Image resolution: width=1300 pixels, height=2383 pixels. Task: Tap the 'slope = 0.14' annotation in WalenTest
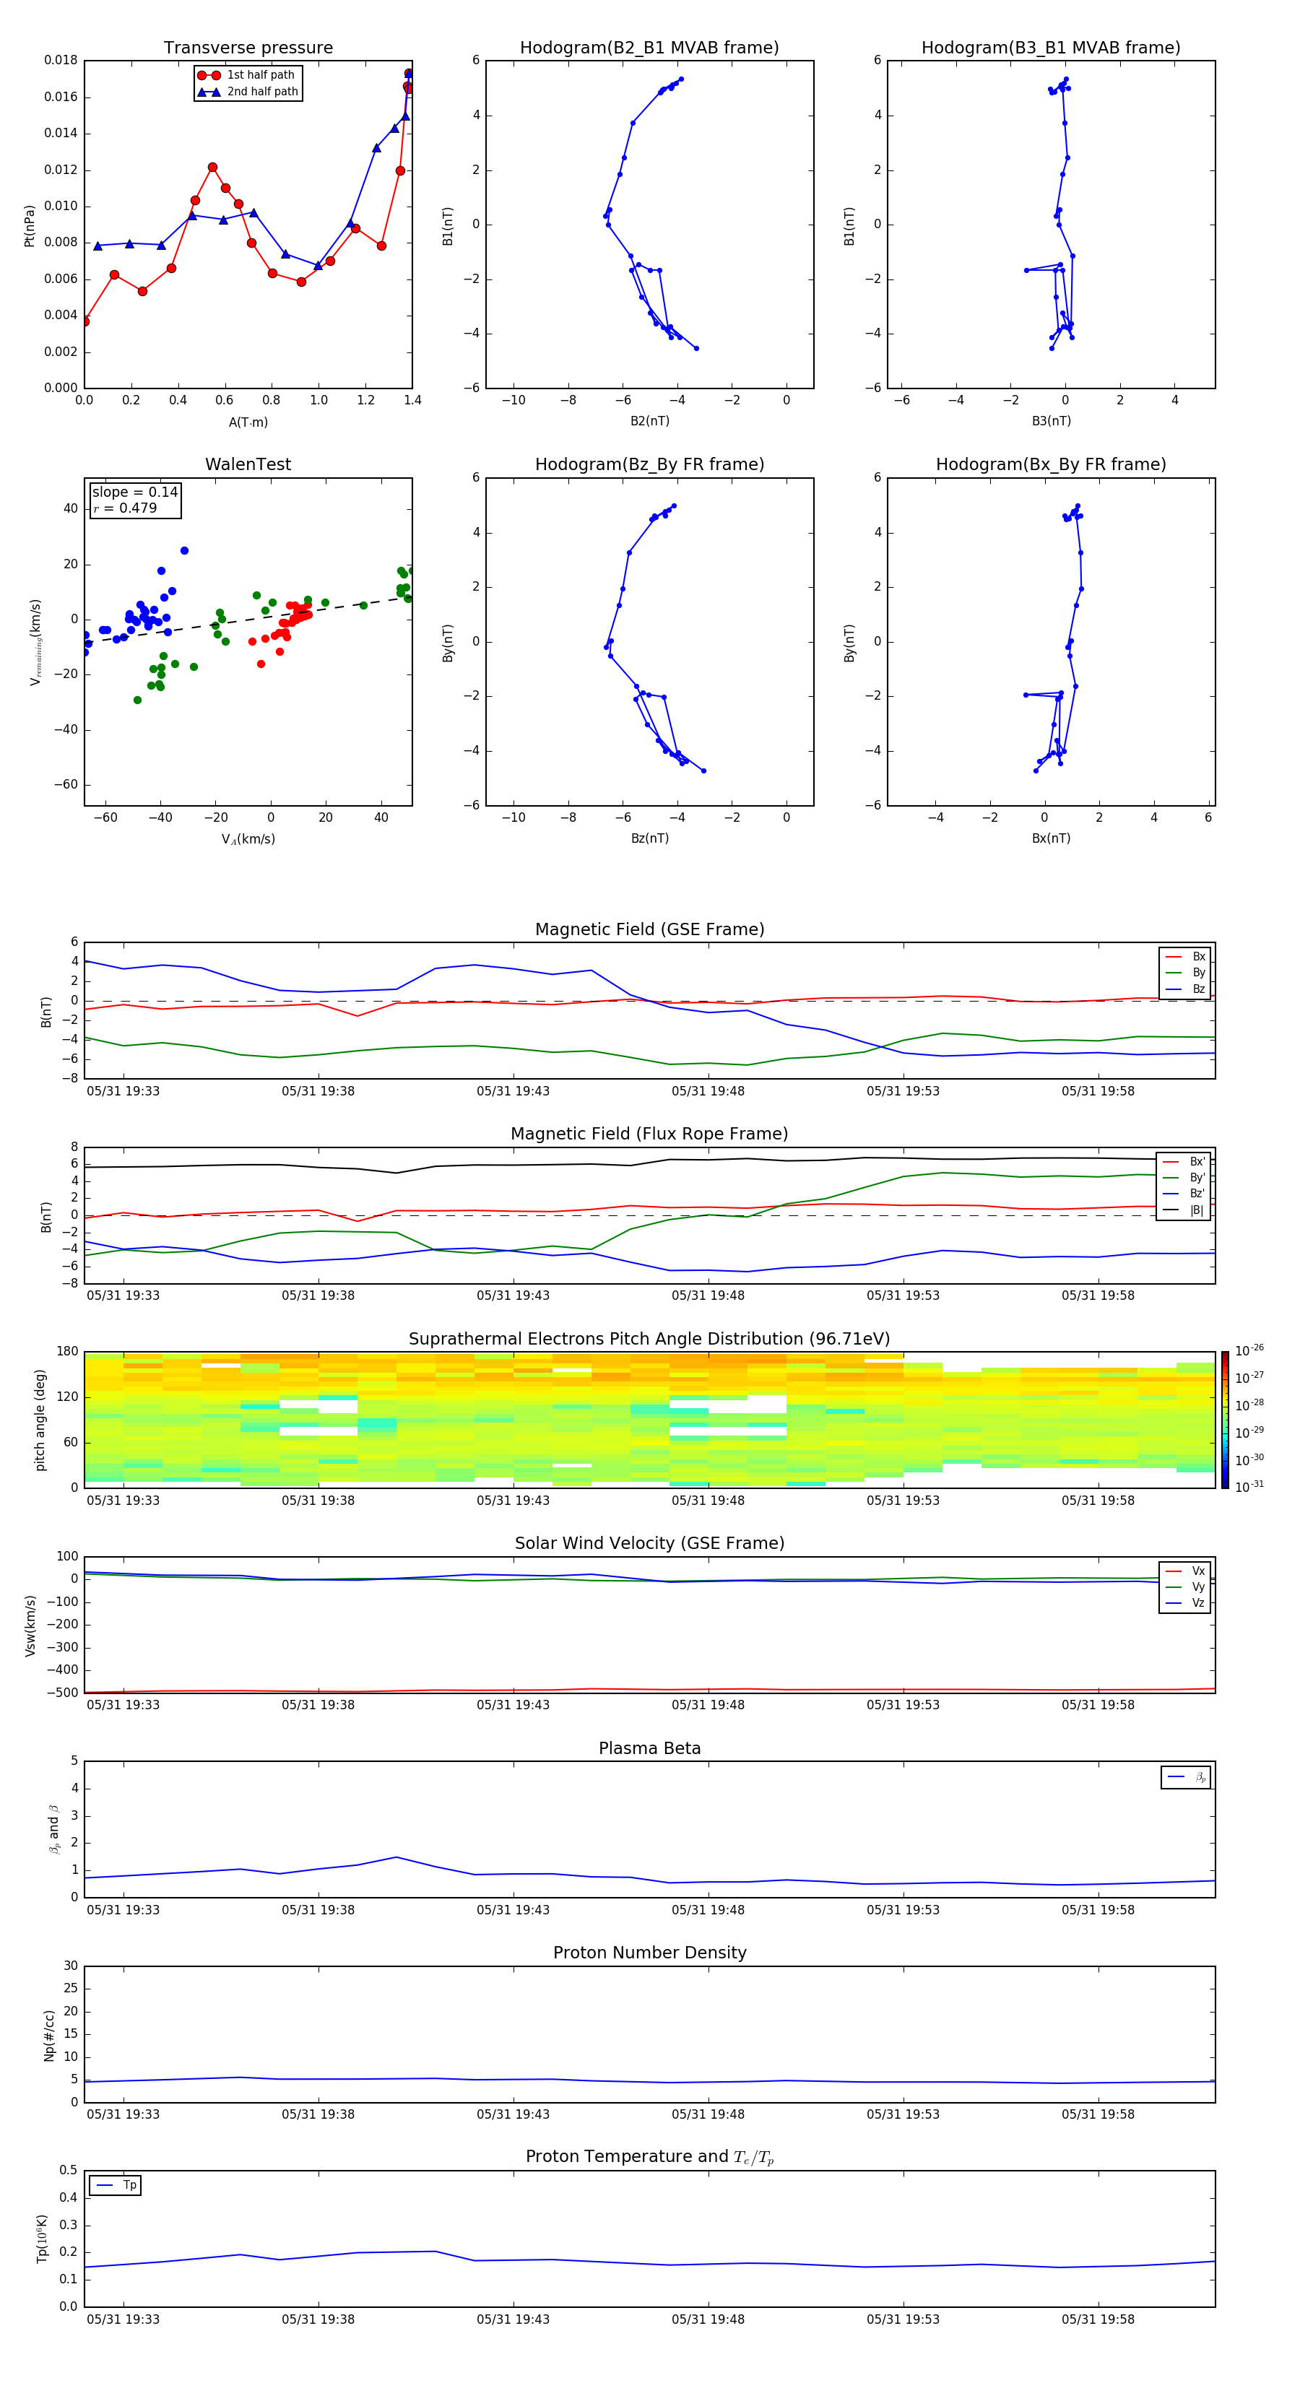pyautogui.click(x=134, y=492)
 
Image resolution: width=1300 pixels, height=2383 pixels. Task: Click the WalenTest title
pyautogui.click(x=248, y=464)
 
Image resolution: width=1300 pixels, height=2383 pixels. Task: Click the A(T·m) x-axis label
pyautogui.click(x=248, y=422)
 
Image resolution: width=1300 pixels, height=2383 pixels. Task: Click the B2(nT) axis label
pyautogui.click(x=649, y=421)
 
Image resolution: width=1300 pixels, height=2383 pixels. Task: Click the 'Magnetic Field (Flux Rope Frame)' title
pyautogui.click(x=649, y=1134)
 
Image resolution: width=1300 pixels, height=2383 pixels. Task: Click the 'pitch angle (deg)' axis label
pyautogui.click(x=40, y=1419)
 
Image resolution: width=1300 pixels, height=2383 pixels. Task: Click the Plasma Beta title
pyautogui.click(x=649, y=1748)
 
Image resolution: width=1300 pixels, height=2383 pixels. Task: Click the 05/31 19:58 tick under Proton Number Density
pyautogui.click(x=1097, y=2114)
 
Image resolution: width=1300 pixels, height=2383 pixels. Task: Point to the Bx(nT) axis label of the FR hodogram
pyautogui.click(x=1050, y=838)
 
